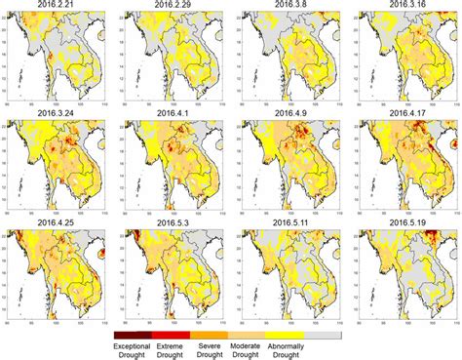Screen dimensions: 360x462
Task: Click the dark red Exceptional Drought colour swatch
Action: coord(133,333)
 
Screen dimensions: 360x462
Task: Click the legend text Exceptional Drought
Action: coord(132,349)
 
